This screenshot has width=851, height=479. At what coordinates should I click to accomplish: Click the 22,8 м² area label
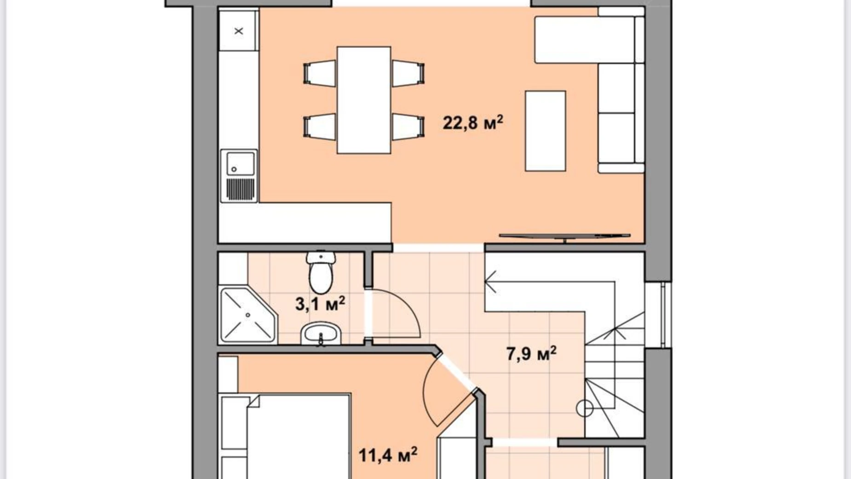coord(473,123)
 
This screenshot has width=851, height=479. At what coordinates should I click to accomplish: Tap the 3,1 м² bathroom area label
coord(320,304)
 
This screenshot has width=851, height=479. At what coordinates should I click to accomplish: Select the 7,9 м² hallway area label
coord(531,354)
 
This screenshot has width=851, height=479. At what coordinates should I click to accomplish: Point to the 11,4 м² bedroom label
coord(388,456)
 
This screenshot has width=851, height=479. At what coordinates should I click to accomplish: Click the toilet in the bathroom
coord(321,272)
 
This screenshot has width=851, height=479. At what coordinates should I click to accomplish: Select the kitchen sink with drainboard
coord(239,175)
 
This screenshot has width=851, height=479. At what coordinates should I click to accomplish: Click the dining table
coord(364,100)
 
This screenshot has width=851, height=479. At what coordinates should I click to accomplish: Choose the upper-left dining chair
coord(320,73)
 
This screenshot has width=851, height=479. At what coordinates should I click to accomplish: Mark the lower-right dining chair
coord(408,127)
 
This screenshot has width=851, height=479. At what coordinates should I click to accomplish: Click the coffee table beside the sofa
coord(546,131)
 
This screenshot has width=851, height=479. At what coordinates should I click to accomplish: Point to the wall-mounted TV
coord(564,237)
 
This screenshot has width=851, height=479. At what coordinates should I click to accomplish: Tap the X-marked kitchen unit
coord(238,31)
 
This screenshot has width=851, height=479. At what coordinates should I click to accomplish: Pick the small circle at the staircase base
coord(585,409)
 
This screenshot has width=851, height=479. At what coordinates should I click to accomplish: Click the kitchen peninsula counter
coord(305,223)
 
